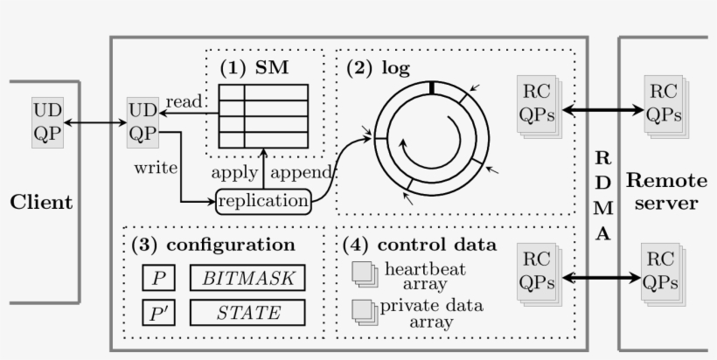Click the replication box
point(263,202)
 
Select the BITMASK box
point(247,279)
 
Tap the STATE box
point(247,312)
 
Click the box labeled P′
point(158,312)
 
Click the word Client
point(41,203)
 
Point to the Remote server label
point(665,192)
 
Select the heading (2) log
point(378,67)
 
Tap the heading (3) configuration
point(213,245)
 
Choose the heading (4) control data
point(420,245)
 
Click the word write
point(157,166)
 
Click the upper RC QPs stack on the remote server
point(664,105)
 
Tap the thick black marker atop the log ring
point(431,87)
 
